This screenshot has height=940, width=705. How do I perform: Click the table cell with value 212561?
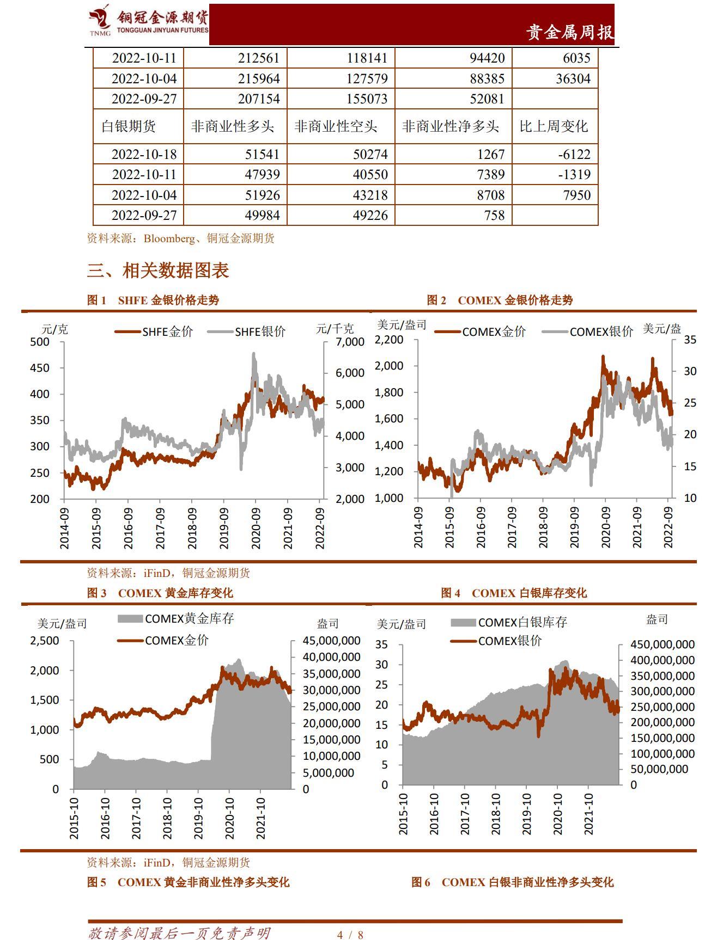click(x=258, y=58)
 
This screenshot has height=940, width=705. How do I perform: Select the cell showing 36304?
click(x=573, y=79)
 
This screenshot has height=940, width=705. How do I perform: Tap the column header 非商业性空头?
click(x=336, y=127)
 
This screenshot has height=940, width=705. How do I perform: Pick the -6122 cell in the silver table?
click(x=574, y=155)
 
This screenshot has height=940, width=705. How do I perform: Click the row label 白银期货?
click(x=129, y=127)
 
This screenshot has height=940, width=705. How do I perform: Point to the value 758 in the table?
click(x=494, y=216)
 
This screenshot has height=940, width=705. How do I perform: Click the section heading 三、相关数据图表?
click(x=158, y=271)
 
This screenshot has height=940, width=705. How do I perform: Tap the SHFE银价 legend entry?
click(x=247, y=331)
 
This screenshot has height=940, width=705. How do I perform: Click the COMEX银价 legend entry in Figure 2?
click(x=588, y=331)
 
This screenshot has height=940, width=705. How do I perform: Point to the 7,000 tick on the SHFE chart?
click(x=350, y=342)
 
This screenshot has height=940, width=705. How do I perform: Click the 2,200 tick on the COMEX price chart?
click(x=389, y=340)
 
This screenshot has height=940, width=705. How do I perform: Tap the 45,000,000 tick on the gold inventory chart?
click(x=331, y=641)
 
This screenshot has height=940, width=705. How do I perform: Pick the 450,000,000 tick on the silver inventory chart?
click(x=662, y=644)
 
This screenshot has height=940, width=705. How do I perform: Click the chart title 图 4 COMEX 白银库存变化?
click(x=514, y=593)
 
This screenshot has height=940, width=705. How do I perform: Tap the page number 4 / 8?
click(x=350, y=935)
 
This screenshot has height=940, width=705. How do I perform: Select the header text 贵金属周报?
click(x=569, y=33)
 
